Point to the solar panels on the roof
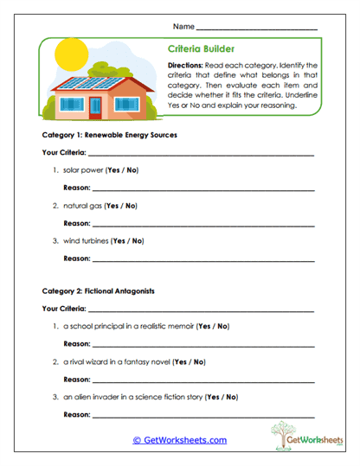click(x=87, y=83)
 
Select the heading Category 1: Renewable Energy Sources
click(x=110, y=136)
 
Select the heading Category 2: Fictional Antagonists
click(x=98, y=291)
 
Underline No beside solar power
click(x=132, y=169)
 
